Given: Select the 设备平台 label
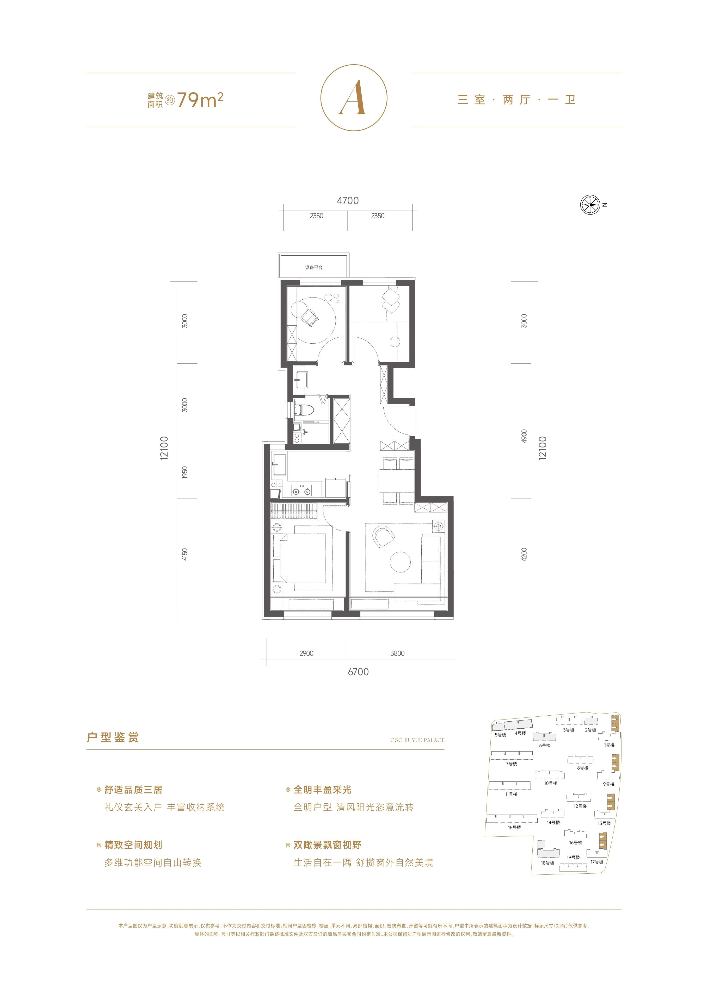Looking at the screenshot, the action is pyautogui.click(x=313, y=268).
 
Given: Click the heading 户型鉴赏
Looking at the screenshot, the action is pyautogui.click(x=113, y=737).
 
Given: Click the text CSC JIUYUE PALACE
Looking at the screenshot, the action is pyautogui.click(x=417, y=740).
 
